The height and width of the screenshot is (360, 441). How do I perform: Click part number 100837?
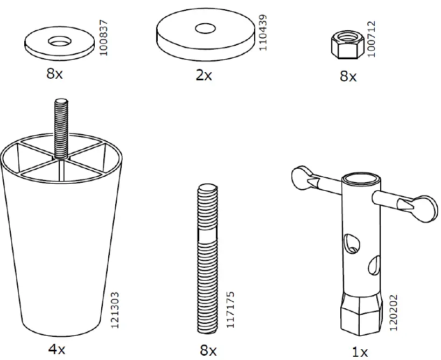point(104,38)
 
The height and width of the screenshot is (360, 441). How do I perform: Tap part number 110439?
point(263,33)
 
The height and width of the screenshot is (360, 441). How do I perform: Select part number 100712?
point(371,39)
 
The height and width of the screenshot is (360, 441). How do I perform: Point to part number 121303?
point(115,310)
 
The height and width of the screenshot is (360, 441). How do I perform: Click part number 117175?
point(230,310)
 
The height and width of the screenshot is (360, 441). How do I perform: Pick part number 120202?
point(394,313)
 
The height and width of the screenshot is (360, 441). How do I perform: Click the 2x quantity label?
point(204,75)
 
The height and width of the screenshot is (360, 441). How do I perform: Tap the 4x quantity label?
point(57,349)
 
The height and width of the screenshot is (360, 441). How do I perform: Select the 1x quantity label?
point(360,352)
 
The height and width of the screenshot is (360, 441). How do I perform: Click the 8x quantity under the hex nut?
point(348,76)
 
